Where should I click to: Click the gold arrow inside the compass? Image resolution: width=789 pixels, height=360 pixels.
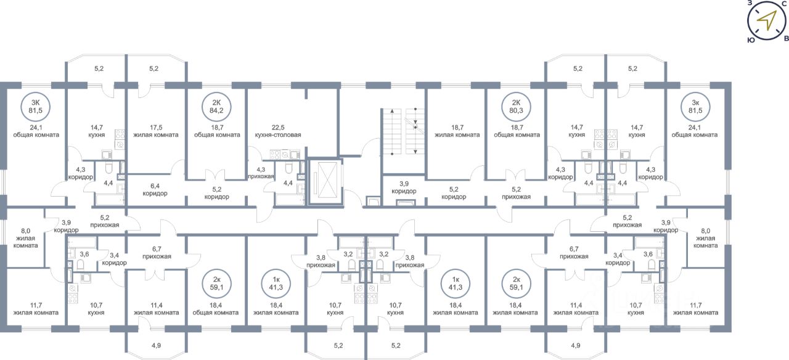[766, 21]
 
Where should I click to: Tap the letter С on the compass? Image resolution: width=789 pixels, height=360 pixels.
[783, 4]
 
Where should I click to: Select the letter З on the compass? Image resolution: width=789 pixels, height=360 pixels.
[750, 4]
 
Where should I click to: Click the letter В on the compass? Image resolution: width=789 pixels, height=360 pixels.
[785, 38]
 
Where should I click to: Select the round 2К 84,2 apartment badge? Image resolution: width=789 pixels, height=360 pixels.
[216, 107]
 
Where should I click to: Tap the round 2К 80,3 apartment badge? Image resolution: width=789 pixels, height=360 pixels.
[517, 107]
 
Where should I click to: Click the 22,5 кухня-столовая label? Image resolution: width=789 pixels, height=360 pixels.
[277, 130]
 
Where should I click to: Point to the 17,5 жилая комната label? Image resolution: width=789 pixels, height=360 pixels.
[156, 130]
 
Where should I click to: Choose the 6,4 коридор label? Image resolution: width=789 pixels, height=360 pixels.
[156, 189]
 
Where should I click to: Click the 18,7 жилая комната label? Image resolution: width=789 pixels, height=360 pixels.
[457, 130]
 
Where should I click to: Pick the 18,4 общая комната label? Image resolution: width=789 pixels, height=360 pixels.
[216, 308]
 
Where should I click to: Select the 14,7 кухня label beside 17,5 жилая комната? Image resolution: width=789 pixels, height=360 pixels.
[96, 130]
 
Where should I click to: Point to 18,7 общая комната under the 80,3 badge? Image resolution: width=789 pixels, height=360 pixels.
[517, 130]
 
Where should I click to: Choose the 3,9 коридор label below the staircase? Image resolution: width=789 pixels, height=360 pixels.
[404, 186]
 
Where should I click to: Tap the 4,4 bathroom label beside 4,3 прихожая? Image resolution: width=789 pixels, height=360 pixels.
[287, 182]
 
